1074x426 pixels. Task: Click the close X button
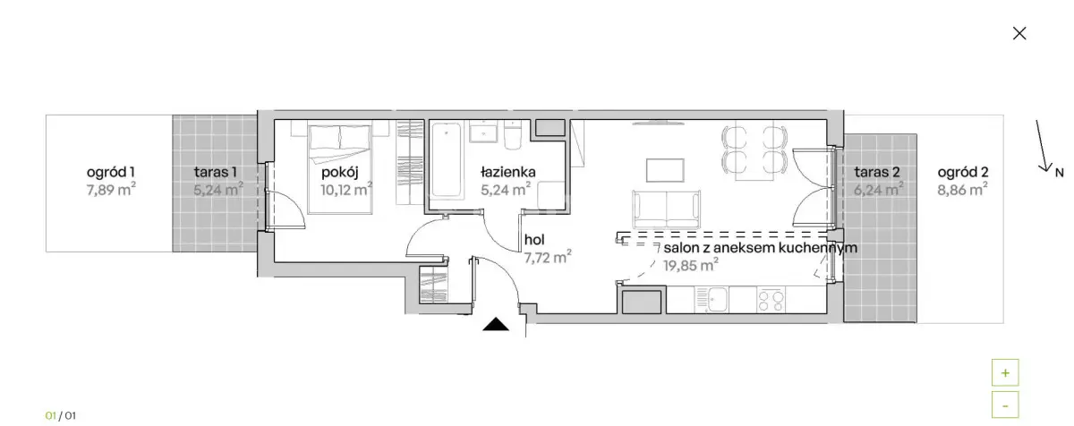tap(1019, 33)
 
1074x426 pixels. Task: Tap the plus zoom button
tap(1005, 373)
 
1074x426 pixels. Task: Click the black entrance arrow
tap(496, 325)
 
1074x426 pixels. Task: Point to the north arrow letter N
tap(1059, 172)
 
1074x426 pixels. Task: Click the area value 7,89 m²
tap(111, 189)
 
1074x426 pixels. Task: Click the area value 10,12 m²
tap(346, 189)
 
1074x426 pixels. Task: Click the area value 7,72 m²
tap(548, 258)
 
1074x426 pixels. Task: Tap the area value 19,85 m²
tap(692, 265)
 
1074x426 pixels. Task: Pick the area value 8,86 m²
tap(962, 189)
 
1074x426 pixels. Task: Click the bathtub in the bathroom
tap(445, 163)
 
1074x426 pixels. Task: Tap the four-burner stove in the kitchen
tap(771, 300)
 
